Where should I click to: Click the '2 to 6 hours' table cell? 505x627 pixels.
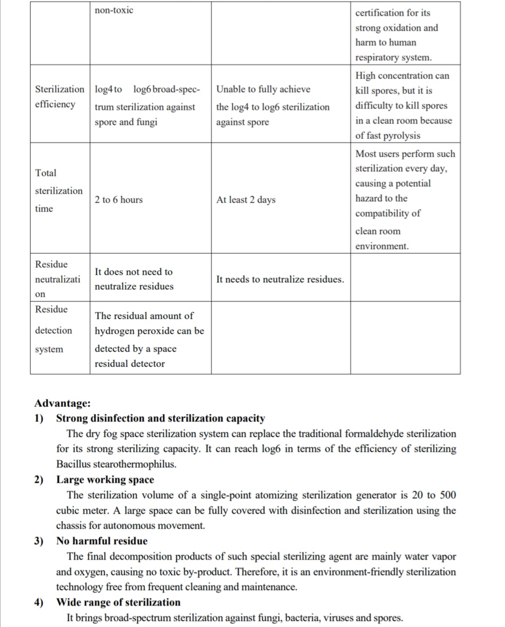tap(119, 200)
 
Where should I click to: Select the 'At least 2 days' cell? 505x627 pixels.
tap(246, 200)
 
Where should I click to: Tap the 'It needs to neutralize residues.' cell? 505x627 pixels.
tap(280, 280)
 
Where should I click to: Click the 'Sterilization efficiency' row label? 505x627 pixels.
tap(59, 96)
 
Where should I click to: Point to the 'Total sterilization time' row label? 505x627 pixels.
tap(58, 191)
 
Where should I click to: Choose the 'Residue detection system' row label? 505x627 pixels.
tap(53, 330)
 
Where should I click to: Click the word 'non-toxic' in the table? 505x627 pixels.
tap(114, 10)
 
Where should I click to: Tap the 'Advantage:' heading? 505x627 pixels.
tap(63, 403)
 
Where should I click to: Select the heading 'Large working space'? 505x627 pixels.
tap(105, 479)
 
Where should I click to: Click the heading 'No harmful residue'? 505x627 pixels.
tap(102, 541)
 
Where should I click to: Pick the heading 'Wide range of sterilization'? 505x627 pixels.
tap(118, 602)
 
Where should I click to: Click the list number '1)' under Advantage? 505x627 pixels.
tap(39, 418)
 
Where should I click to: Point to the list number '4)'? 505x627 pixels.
tap(39, 602)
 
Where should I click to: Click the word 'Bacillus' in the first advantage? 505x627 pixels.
tap(73, 464)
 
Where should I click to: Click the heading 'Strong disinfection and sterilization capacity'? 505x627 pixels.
tap(160, 418)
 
